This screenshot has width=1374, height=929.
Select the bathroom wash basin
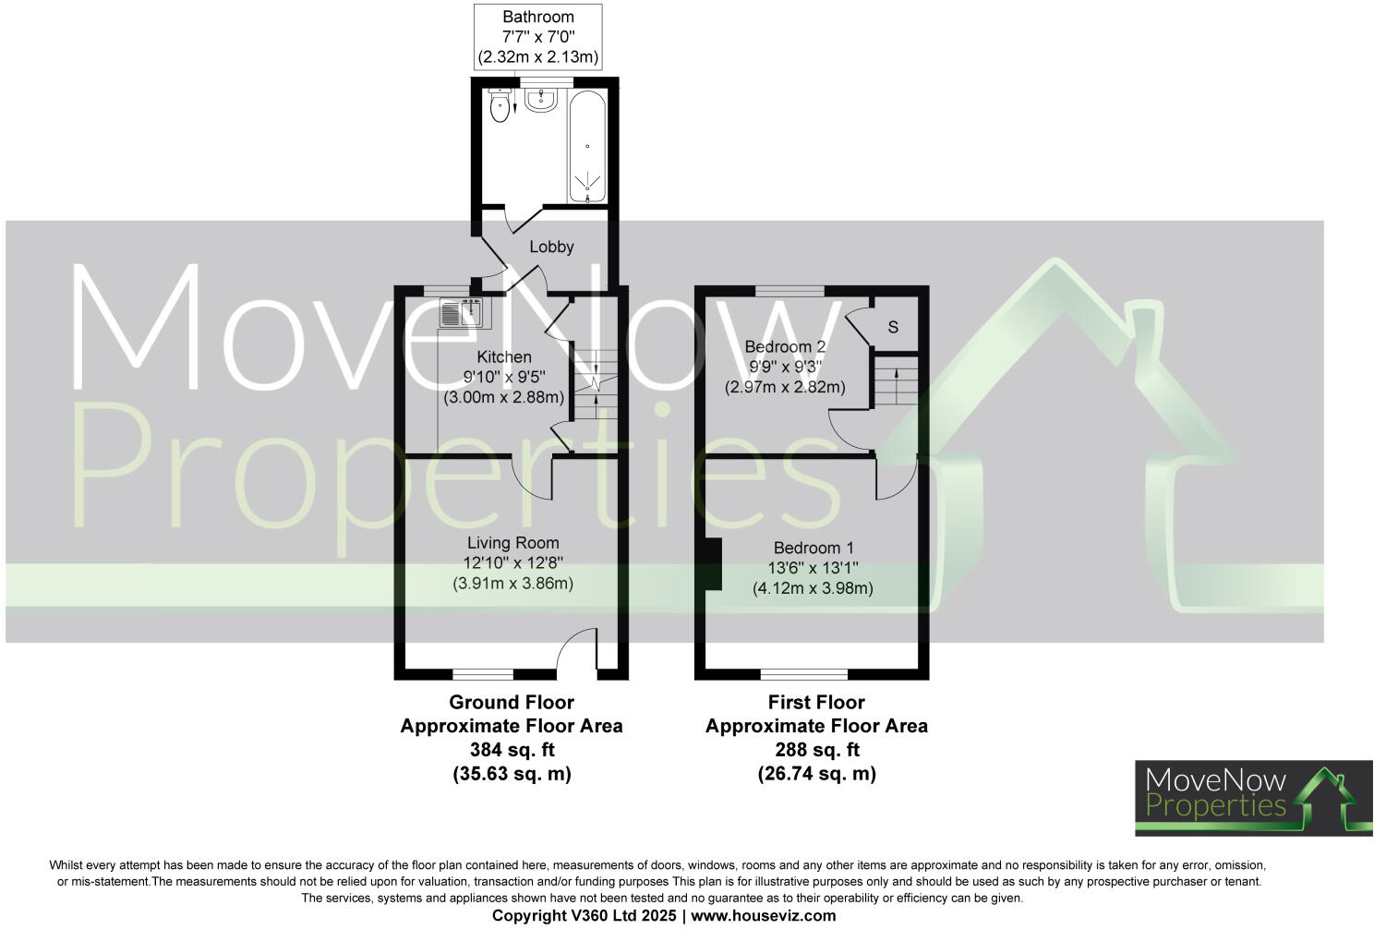pyautogui.click(x=540, y=100)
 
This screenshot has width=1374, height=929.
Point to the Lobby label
pyautogui.click(x=551, y=247)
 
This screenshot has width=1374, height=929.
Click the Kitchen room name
pyautogui.click(x=503, y=356)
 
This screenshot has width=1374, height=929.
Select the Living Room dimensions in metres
pyautogui.click(x=512, y=584)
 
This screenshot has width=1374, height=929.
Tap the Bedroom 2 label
pyautogui.click(x=785, y=346)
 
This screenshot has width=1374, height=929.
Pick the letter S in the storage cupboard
pyautogui.click(x=893, y=327)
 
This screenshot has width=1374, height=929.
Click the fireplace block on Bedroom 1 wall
pyautogui.click(x=712, y=563)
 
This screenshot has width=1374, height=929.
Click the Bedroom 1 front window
pyautogui.click(x=803, y=673)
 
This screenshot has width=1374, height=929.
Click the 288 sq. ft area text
pyautogui.click(x=816, y=750)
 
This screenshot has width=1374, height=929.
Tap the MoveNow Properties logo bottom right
pyautogui.click(x=1253, y=798)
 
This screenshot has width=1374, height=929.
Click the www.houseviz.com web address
pyautogui.click(x=764, y=916)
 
